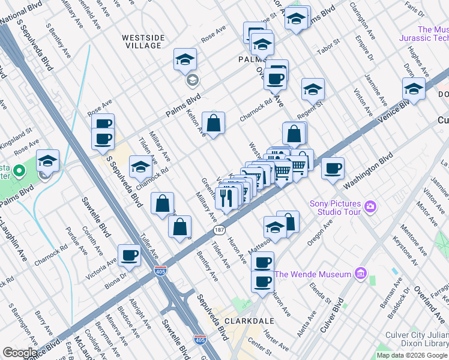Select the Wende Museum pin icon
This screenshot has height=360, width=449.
[361, 274]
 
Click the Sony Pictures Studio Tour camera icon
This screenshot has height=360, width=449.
[370, 207]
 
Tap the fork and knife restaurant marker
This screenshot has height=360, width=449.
[226, 198]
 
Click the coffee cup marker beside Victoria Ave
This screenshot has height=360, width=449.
[129, 256]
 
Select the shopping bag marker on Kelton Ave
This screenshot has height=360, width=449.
[213, 124]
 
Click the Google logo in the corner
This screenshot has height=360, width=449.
[19, 353]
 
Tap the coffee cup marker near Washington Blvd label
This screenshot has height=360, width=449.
[333, 169]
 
